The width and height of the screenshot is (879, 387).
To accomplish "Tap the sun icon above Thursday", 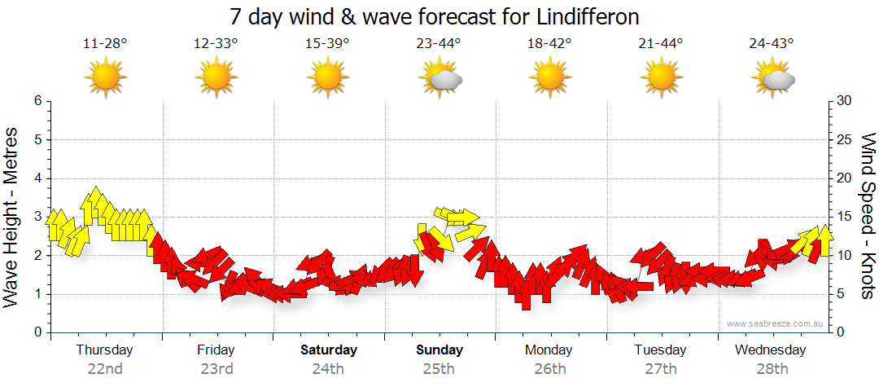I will (x=106, y=78).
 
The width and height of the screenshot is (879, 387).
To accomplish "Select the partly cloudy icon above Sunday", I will (x=439, y=78).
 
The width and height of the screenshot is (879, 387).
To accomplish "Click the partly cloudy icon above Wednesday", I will (x=772, y=78).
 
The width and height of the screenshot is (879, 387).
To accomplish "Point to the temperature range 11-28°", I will (x=106, y=44).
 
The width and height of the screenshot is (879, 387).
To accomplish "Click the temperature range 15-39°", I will (x=328, y=44).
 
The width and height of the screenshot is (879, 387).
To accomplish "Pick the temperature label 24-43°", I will (x=772, y=44).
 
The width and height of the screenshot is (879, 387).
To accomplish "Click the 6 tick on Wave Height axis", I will (x=37, y=101).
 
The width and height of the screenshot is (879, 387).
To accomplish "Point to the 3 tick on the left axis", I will (x=37, y=217).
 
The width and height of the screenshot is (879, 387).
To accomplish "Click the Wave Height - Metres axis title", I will (x=12, y=217).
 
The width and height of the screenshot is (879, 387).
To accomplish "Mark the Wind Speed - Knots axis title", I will (x=868, y=217).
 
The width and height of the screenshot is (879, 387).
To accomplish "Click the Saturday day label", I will (x=329, y=350).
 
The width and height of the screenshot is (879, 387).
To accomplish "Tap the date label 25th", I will (x=439, y=368).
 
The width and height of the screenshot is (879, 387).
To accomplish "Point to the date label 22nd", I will (x=106, y=368).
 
